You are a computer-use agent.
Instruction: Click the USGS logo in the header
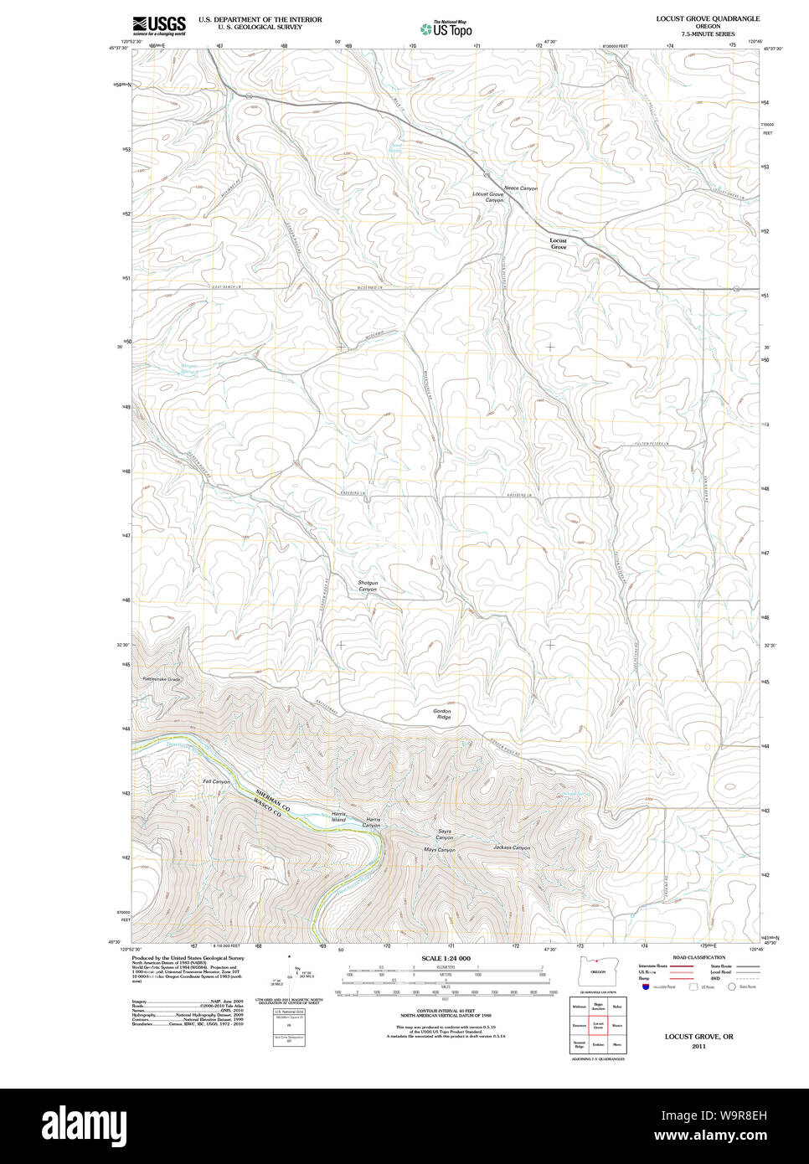[159, 25]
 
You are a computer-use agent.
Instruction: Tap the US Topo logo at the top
[446, 28]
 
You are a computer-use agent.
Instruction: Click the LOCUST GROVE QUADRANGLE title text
[708, 18]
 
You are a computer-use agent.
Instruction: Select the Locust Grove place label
[558, 244]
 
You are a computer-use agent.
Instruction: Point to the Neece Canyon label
[521, 188]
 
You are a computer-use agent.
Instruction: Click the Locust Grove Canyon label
[489, 197]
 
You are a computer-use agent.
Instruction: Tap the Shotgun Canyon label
[368, 586]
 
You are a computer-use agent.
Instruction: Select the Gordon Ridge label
[442, 714]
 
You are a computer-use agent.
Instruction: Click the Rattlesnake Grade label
[162, 679]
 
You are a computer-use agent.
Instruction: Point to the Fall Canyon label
[216, 781]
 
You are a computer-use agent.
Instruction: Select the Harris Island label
[338, 816]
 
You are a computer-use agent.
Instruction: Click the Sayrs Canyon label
[445, 835]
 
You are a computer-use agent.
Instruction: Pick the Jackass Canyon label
[512, 847]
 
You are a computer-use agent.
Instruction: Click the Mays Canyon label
[440, 850]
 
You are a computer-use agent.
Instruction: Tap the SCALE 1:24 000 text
[446, 958]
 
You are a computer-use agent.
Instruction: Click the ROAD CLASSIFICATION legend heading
[699, 957]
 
